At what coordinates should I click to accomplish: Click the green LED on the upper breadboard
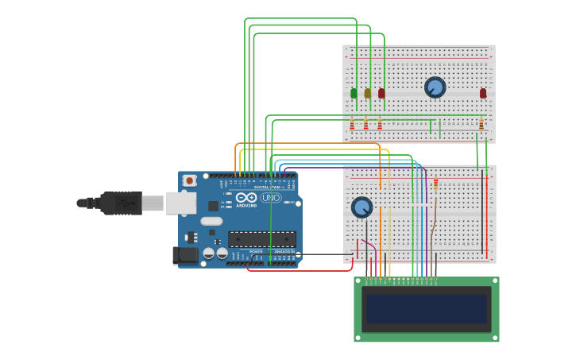354,93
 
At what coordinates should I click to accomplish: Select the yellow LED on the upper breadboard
367,93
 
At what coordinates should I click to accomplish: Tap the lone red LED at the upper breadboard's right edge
482,93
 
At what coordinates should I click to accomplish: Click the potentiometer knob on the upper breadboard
435,87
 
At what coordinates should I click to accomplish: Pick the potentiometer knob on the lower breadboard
361,207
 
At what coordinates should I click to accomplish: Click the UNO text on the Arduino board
270,197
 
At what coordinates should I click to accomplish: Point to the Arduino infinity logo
247,197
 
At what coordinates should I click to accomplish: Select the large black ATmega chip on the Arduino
261,238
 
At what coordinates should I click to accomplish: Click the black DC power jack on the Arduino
186,255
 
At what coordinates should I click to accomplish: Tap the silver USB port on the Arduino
180,203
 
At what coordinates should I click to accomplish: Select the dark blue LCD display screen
426,309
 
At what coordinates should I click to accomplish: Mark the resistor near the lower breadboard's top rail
435,184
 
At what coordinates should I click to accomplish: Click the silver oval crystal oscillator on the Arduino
211,221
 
